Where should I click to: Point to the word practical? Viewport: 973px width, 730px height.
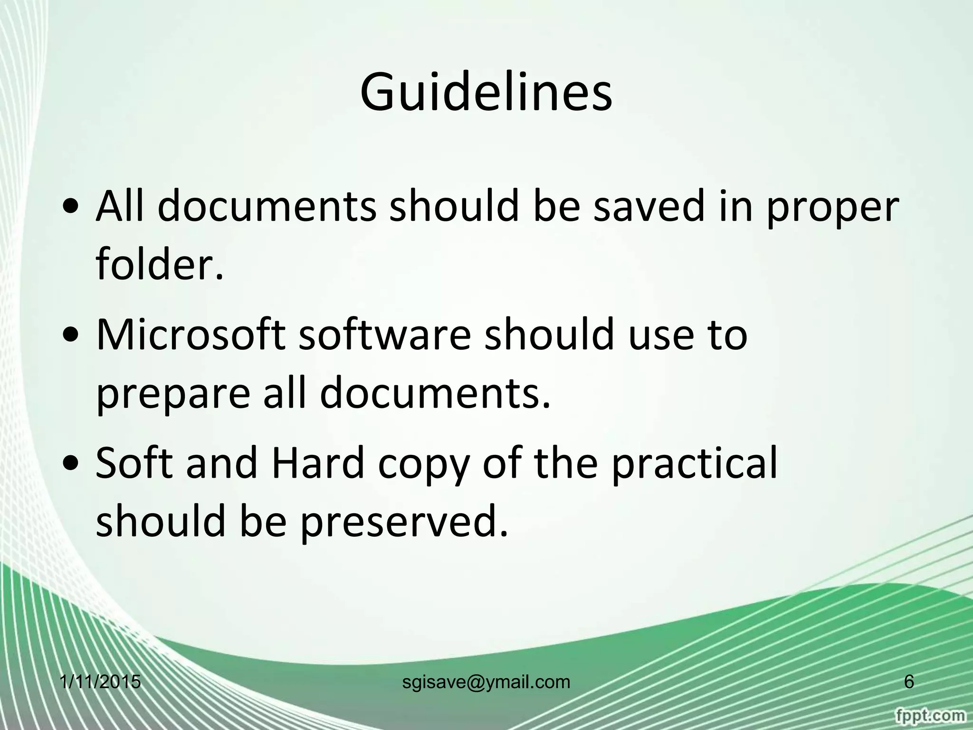(694, 464)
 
